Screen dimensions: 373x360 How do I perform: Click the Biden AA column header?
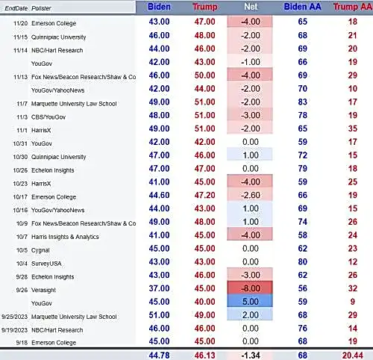pyautogui.click(x=302, y=7)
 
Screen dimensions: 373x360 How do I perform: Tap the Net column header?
pyautogui.click(x=251, y=7)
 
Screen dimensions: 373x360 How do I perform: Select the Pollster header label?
pyautogui.click(x=41, y=8)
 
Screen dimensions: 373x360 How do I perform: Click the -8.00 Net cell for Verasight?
pyautogui.click(x=250, y=288)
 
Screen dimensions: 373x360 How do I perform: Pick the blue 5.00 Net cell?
pyautogui.click(x=250, y=302)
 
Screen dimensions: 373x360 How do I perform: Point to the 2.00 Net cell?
pyautogui.click(x=250, y=315)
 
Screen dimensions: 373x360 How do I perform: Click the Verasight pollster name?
pyautogui.click(x=43, y=290)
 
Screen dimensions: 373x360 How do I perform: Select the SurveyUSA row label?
pyautogui.click(x=46, y=264)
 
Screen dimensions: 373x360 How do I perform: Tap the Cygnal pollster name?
pyautogui.click(x=40, y=250)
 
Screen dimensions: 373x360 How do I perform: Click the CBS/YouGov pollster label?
pyautogui.click(x=48, y=117)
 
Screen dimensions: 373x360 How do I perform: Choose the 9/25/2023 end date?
pyautogui.click(x=14, y=317)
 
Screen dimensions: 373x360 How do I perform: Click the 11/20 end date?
pyautogui.click(x=20, y=23)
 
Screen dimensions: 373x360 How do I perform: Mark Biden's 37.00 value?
pyautogui.click(x=159, y=288)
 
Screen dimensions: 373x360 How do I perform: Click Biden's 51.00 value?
pyautogui.click(x=159, y=315)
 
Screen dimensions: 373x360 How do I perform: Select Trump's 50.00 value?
pyautogui.click(x=204, y=75)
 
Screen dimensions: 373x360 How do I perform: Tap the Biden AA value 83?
pyautogui.click(x=303, y=102)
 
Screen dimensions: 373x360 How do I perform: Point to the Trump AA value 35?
pyautogui.click(x=353, y=128)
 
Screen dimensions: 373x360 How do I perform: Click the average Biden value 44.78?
pyautogui.click(x=159, y=355)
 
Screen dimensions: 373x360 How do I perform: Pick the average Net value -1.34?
pyautogui.click(x=251, y=355)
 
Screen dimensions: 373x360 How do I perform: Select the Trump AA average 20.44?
pyautogui.click(x=353, y=355)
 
